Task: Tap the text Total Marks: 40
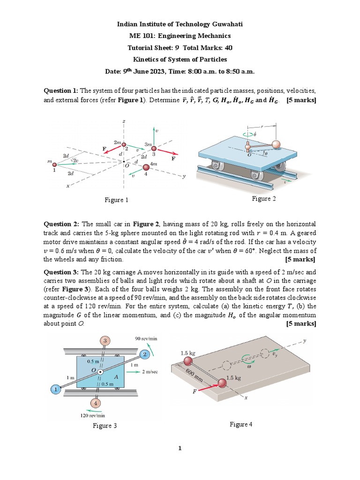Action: [x=208, y=47]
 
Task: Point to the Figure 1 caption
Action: [x=116, y=200]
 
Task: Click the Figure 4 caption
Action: [x=241, y=424]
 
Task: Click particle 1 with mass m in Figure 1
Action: [x=54, y=164]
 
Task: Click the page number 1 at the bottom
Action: [x=180, y=449]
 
